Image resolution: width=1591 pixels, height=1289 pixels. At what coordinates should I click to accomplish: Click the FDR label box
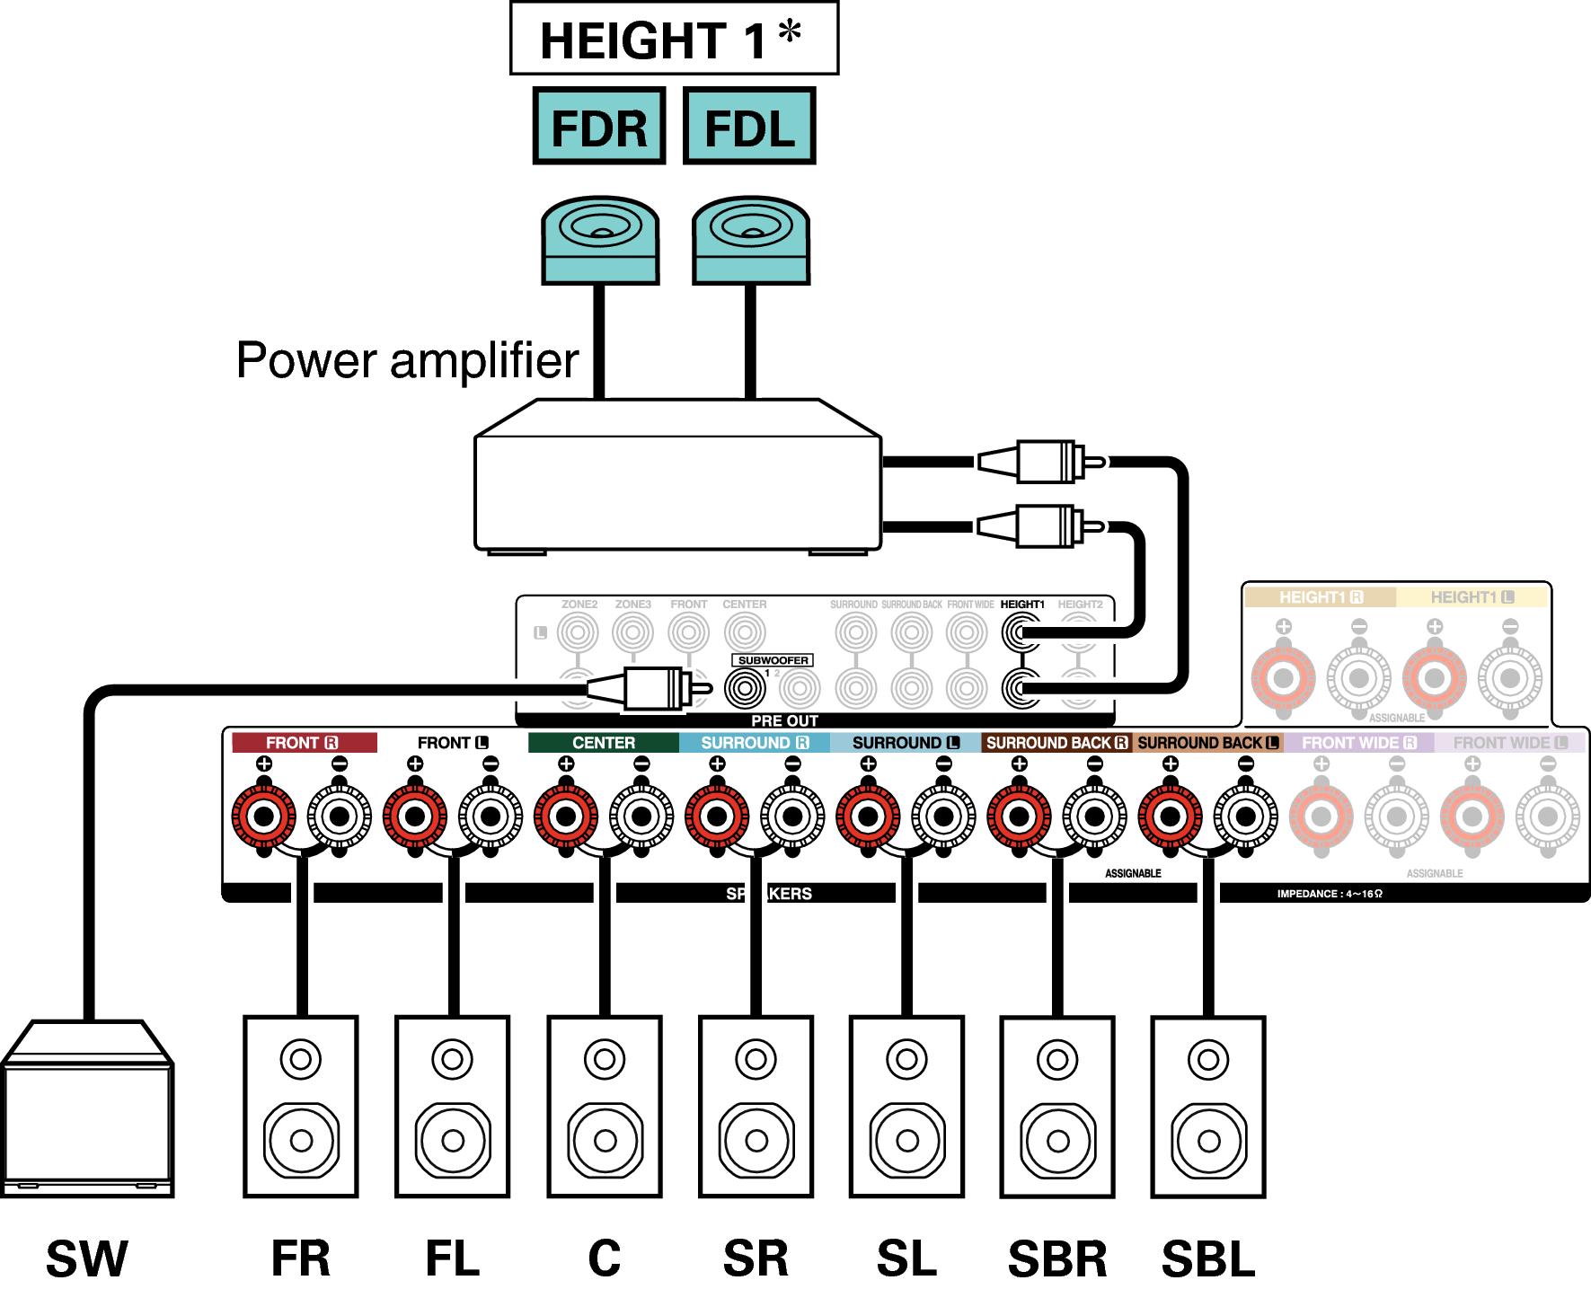(x=598, y=127)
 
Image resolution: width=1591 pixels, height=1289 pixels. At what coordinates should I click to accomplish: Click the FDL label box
(x=749, y=127)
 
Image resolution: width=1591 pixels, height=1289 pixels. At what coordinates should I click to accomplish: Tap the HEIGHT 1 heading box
(x=674, y=39)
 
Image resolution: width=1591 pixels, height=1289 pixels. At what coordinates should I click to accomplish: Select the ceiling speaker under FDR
(x=600, y=241)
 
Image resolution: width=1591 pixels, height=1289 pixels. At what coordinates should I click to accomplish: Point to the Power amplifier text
(x=407, y=361)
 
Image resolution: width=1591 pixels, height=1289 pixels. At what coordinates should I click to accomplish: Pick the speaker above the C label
(x=605, y=1107)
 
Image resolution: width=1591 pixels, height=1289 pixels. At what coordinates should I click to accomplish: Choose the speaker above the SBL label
(x=1208, y=1107)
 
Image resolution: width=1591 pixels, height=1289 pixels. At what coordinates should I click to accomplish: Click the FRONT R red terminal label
(x=304, y=743)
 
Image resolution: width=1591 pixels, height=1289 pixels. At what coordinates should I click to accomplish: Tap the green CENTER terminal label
(x=604, y=743)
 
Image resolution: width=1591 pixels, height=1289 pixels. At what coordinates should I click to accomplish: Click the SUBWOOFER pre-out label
(x=773, y=660)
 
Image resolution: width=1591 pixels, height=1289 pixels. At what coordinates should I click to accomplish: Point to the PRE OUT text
(x=784, y=720)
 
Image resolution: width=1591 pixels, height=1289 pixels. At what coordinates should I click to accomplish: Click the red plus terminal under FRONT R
(x=264, y=817)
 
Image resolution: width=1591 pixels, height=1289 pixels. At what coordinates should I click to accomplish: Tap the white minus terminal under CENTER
(x=641, y=817)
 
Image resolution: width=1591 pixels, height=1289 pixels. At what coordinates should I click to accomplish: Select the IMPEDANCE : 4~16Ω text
(x=1330, y=894)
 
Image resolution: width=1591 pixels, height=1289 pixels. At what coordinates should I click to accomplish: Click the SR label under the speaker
(x=756, y=1258)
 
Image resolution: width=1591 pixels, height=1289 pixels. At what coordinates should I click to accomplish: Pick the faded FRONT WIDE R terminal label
(x=1358, y=743)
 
